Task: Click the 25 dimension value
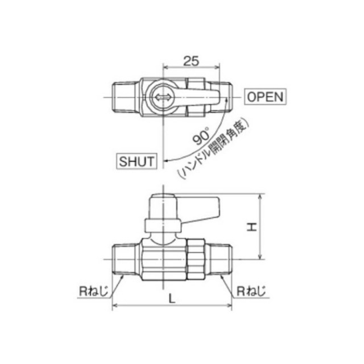[191, 61]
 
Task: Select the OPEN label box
[266, 97]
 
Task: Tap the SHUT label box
[136, 161]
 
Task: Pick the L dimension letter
[172, 299]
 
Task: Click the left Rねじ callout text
[93, 291]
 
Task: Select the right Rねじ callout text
[251, 291]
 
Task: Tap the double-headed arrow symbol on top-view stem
[163, 97]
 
